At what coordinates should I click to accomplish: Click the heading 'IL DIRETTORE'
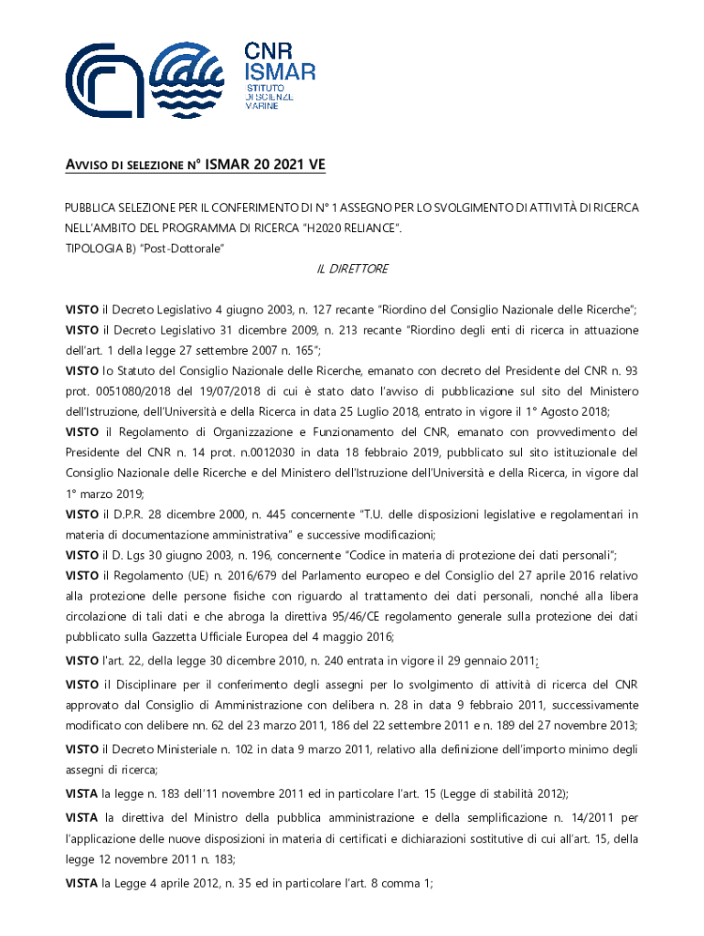click(x=352, y=269)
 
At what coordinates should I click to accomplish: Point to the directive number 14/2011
click(x=589, y=817)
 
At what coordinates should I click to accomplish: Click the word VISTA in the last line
click(x=81, y=883)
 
